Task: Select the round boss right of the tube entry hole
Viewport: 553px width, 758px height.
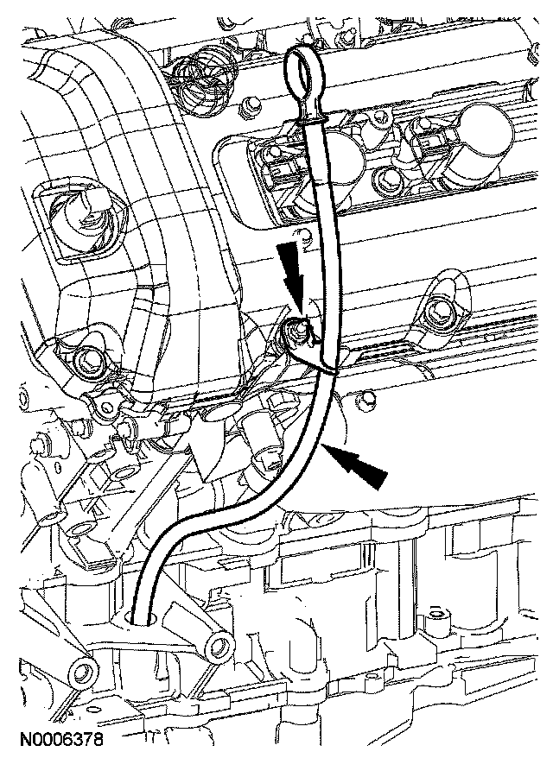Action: [218, 645]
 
